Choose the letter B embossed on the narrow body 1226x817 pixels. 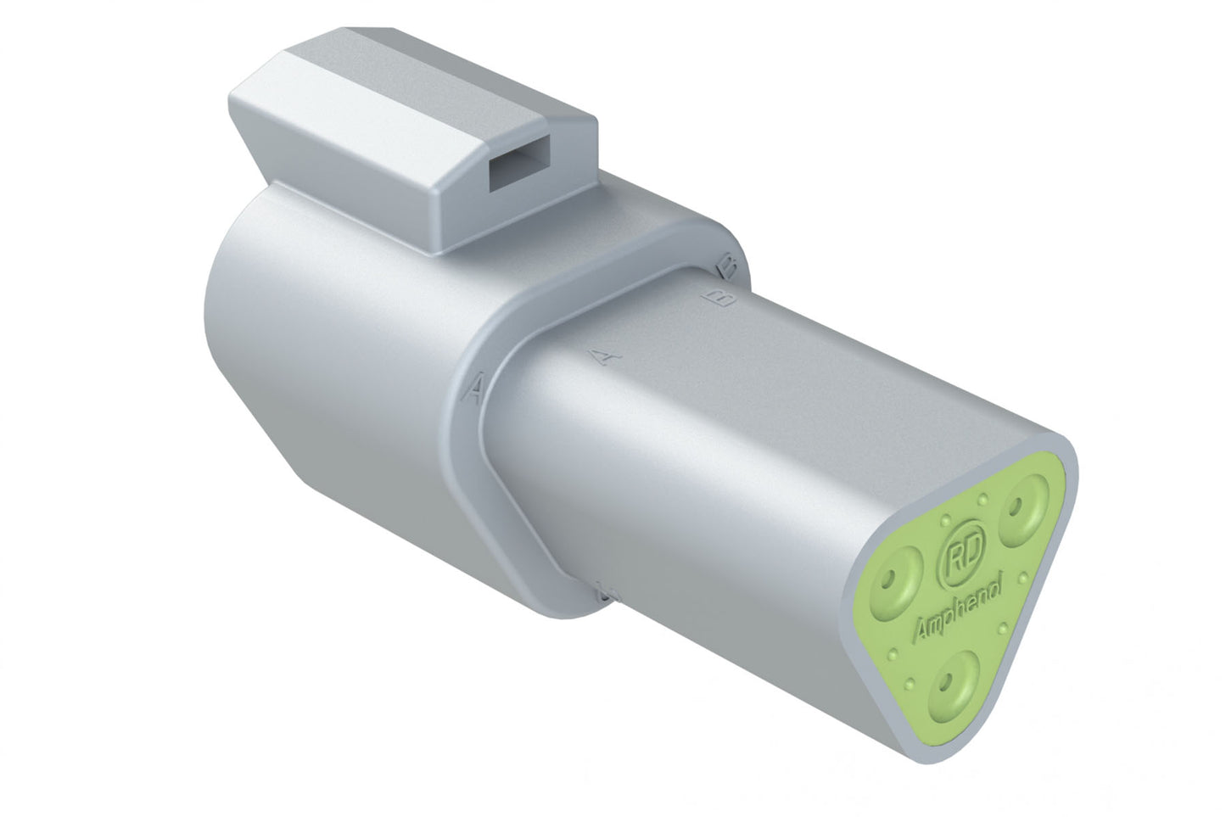pos(714,298)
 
